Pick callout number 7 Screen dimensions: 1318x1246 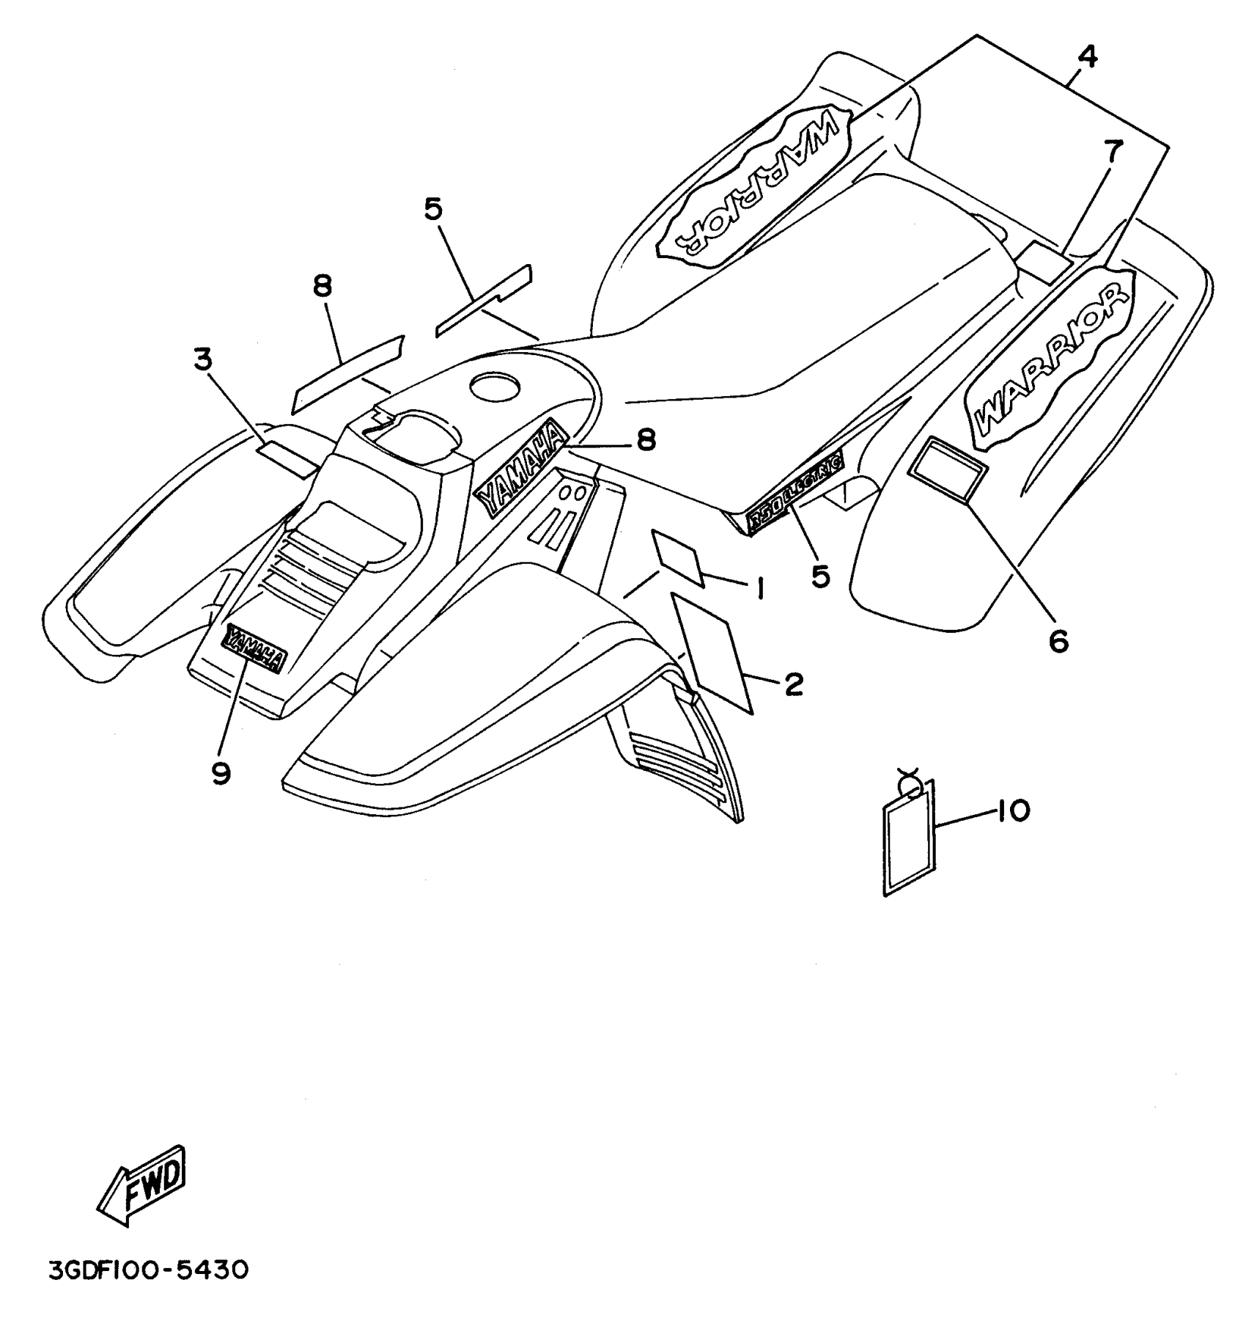1113,152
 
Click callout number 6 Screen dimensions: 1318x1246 1058,640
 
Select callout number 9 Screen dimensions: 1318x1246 221,772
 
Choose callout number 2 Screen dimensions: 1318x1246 793,684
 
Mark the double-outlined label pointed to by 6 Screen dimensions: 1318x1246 947,469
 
